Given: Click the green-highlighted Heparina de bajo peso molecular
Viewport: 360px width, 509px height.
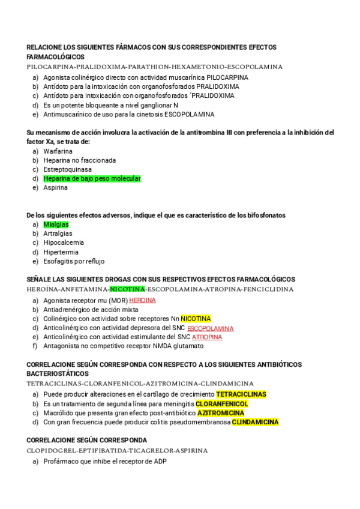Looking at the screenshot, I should (x=92, y=178).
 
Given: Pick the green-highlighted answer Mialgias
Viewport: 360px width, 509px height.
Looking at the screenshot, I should (x=56, y=224).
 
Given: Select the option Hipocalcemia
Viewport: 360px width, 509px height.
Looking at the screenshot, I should (x=64, y=242).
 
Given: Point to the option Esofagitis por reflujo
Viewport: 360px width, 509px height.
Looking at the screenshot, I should (x=74, y=261).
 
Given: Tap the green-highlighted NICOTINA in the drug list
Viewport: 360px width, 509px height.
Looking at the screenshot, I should (x=127, y=289).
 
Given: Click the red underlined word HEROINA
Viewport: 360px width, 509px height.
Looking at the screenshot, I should (x=142, y=300).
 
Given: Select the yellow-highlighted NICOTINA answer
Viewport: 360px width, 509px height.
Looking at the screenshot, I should (x=196, y=318).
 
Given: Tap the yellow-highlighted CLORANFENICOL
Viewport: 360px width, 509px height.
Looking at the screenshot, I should (x=221, y=404).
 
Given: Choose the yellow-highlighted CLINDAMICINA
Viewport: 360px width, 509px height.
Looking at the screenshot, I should (x=255, y=422).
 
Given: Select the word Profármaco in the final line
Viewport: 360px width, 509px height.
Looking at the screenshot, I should (x=61, y=461).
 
